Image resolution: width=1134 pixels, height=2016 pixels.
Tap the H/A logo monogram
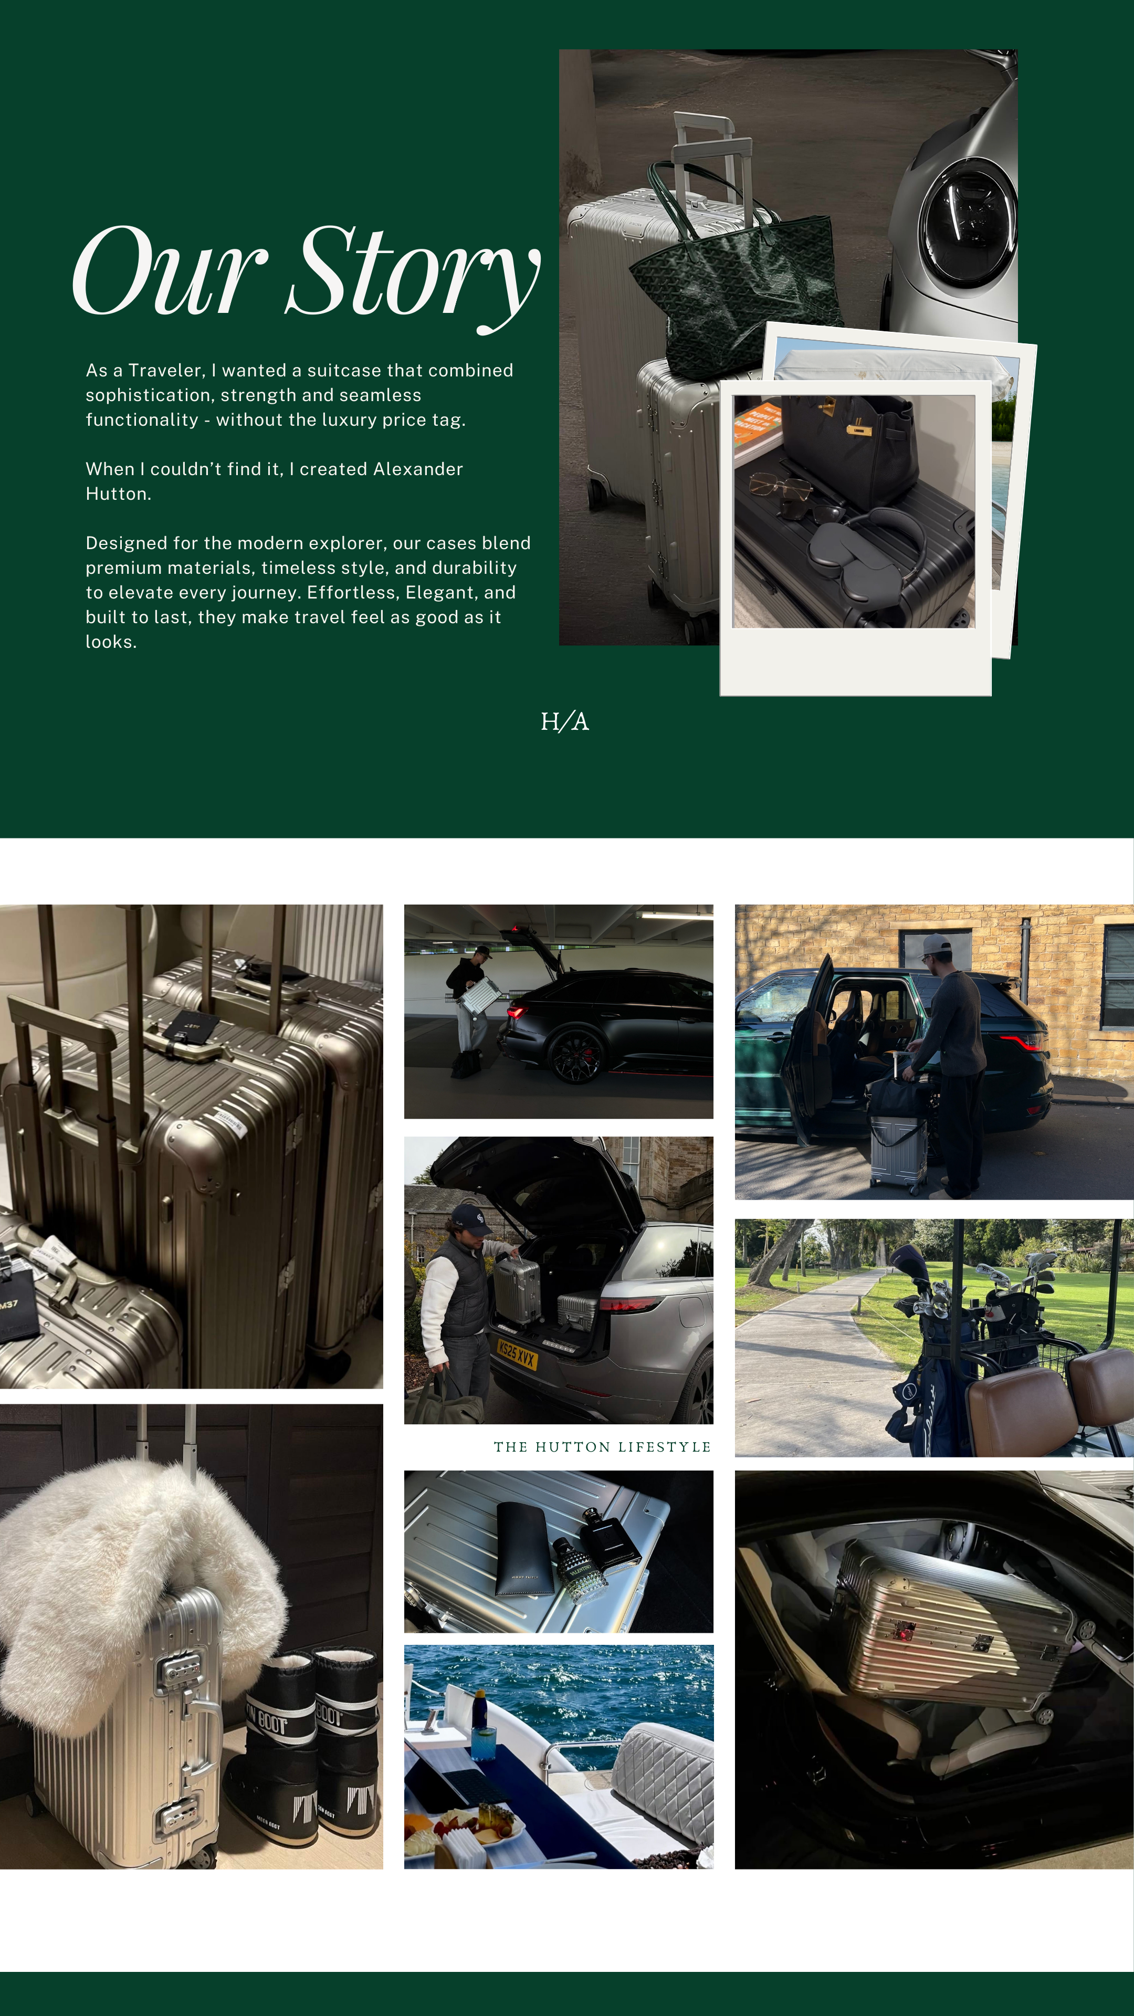click(564, 721)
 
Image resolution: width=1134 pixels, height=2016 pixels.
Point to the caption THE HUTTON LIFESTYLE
click(602, 1447)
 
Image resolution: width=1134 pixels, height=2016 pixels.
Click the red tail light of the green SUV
click(1021, 1041)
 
